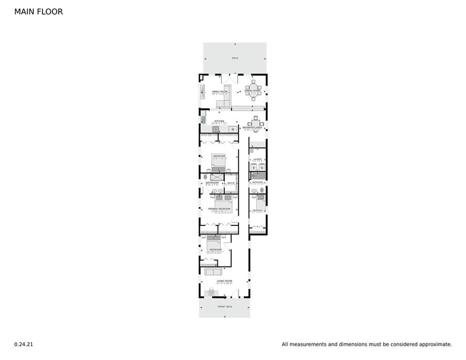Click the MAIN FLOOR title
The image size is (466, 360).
[x=38, y=12]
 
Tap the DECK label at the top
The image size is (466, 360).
[x=235, y=58]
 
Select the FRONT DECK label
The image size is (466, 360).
[x=225, y=307]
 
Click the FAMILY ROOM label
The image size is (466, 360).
[x=219, y=91]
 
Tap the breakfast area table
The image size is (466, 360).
[x=256, y=123]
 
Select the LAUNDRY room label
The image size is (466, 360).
[x=257, y=159]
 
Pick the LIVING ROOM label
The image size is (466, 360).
[x=224, y=281]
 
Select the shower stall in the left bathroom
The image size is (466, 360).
[x=215, y=177]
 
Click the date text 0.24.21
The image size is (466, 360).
[x=23, y=344]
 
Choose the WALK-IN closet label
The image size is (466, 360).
[x=231, y=183]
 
